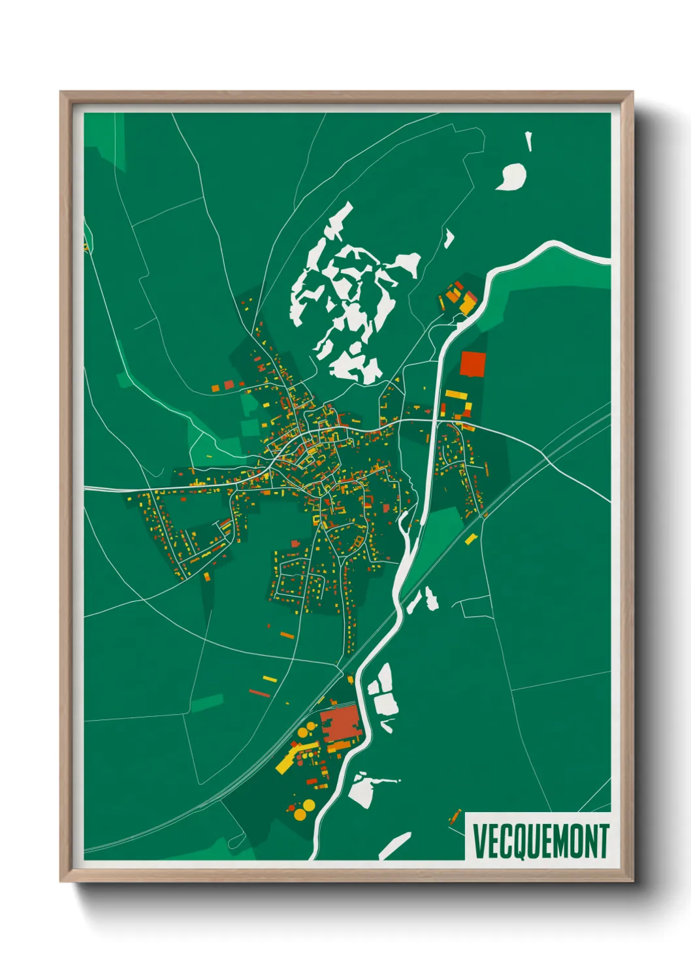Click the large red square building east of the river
[472, 365]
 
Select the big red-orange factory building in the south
[340, 724]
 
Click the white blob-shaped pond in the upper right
[511, 176]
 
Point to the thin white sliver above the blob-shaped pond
[528, 142]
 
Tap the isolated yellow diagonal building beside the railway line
[471, 539]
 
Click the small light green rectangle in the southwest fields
[207, 703]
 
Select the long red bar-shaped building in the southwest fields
[259, 693]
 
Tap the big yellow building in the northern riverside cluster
[468, 304]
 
